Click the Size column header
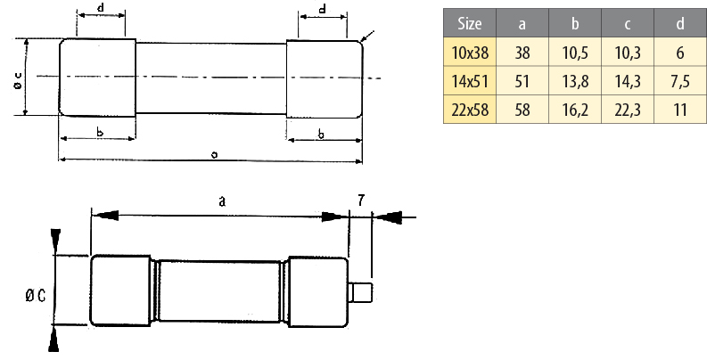(x=469, y=23)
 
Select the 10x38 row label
(x=469, y=53)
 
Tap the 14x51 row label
(x=469, y=81)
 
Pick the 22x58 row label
(x=469, y=110)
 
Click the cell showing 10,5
(x=575, y=53)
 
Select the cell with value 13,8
(x=575, y=81)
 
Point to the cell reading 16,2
(x=575, y=110)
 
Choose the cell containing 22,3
(x=627, y=110)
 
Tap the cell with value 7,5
(x=680, y=81)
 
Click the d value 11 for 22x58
(x=680, y=110)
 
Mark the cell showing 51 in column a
(x=522, y=81)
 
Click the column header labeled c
(x=627, y=23)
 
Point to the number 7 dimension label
(x=361, y=200)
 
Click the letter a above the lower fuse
(x=221, y=201)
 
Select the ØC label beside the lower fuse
(x=36, y=296)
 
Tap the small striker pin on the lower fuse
(x=360, y=292)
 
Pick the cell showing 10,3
(x=627, y=53)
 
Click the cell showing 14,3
(x=627, y=81)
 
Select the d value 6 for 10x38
(x=680, y=53)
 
